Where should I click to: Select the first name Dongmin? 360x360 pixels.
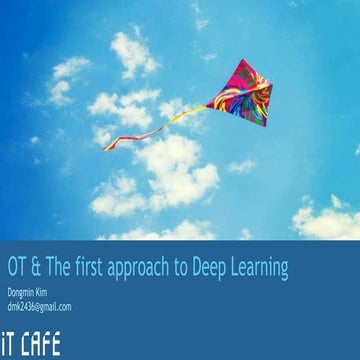pos(22,293)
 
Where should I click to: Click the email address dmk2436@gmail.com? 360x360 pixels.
pos(39,307)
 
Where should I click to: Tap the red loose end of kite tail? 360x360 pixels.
pos(106,147)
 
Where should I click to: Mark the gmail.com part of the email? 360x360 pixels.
pos(54,307)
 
